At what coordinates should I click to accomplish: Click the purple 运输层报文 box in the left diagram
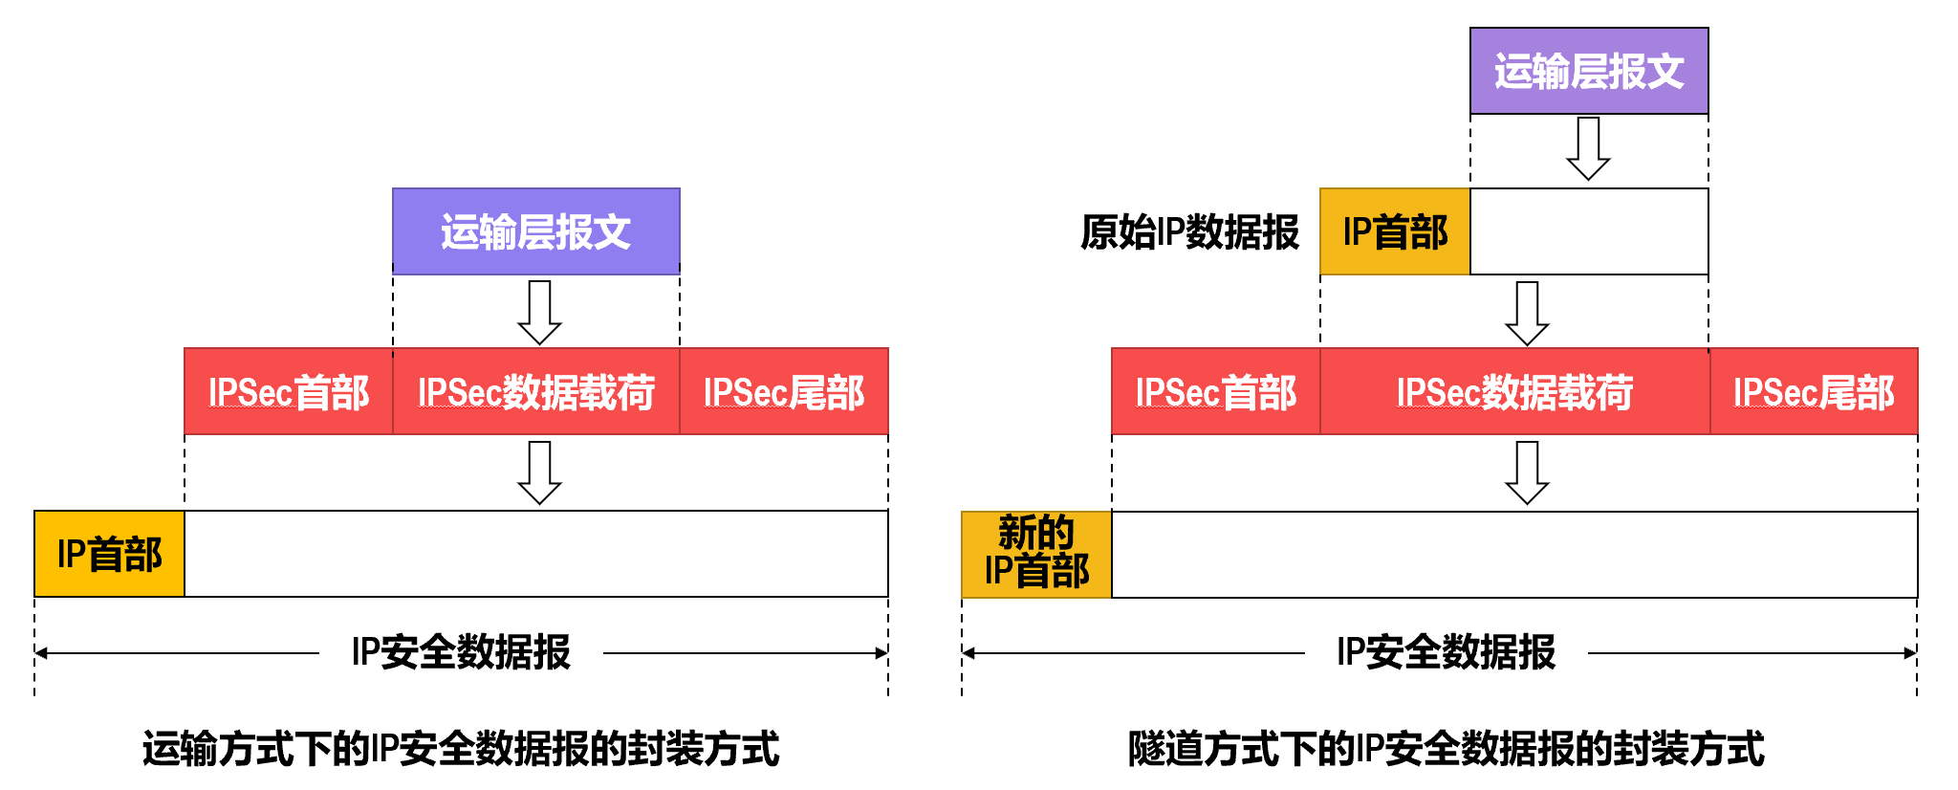tap(535, 231)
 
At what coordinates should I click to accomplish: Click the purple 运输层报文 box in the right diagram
tap(1588, 72)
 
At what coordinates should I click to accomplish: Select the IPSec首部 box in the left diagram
tap(289, 392)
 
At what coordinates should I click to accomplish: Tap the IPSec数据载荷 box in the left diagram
tap(535, 392)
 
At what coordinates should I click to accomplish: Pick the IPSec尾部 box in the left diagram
tap(784, 392)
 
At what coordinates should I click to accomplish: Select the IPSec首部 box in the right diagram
tap(1215, 392)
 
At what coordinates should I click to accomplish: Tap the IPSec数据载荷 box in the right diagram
tap(1514, 392)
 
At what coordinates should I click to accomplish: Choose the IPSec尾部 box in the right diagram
tap(1814, 392)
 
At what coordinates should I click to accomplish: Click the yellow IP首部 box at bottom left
tap(109, 554)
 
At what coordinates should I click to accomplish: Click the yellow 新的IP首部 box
tap(1036, 554)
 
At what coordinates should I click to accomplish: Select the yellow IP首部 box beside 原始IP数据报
tap(1395, 231)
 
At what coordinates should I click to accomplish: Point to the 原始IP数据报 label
tap(1189, 231)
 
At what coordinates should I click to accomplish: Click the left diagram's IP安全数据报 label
tap(461, 652)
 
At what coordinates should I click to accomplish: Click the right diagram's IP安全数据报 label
tap(1446, 652)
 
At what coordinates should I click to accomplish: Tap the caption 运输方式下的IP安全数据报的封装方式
tap(461, 748)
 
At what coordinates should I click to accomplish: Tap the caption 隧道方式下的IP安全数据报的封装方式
tap(1446, 748)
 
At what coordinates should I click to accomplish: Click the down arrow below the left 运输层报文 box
tap(539, 312)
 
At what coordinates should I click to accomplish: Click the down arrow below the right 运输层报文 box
tap(1588, 148)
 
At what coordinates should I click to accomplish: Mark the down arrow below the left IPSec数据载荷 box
tap(539, 472)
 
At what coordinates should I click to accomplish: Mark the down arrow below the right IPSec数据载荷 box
tap(1527, 472)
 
